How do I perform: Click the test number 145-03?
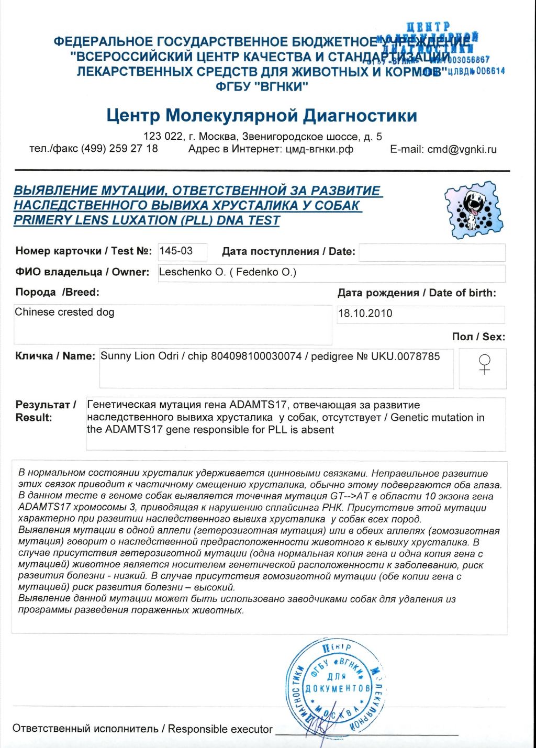pos(176,251)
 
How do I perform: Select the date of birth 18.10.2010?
pos(365,314)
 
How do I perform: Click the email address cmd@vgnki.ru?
pos(462,149)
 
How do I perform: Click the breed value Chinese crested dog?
pos(64,312)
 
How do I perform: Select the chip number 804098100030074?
pos(256,356)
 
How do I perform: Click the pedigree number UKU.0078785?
pos(405,356)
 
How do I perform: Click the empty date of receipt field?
pos(432,252)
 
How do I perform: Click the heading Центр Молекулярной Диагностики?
pos(262,115)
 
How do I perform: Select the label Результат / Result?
pos(46,411)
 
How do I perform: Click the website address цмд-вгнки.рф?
pos(319,149)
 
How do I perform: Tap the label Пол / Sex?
pos(478,337)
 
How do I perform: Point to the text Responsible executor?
pos(220,729)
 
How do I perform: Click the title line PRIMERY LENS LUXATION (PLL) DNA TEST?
pos(147,220)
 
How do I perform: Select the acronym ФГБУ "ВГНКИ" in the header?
pos(262,86)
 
